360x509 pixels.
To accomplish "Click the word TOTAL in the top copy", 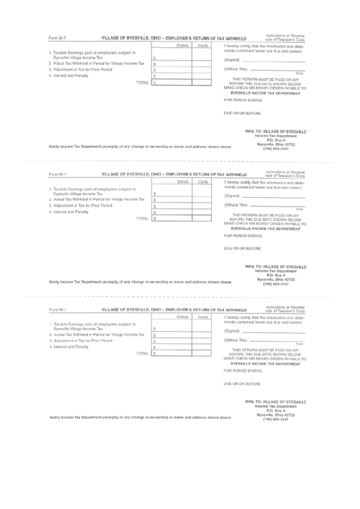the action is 142,82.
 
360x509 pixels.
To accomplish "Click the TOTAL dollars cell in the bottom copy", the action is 173,353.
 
